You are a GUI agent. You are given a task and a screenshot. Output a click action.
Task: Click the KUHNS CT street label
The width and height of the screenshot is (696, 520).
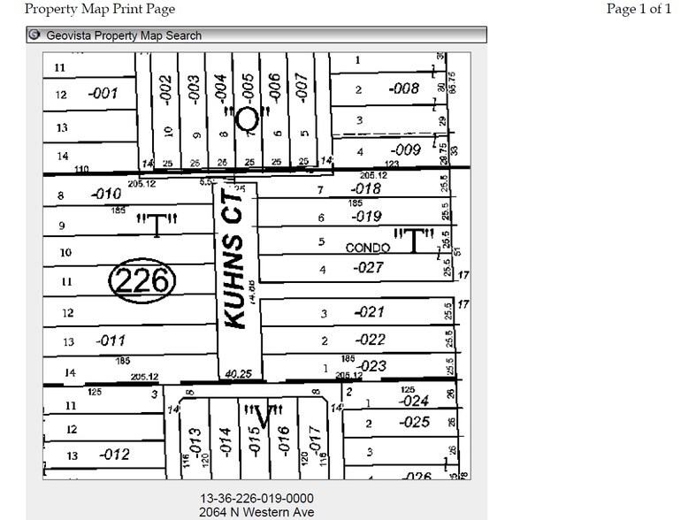[x=234, y=269]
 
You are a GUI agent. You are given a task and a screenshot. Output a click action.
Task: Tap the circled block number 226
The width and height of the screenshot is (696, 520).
[x=142, y=281]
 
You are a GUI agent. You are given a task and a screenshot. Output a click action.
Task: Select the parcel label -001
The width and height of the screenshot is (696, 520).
[x=103, y=93]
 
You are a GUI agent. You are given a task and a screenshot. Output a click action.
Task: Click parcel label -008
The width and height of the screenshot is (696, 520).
[x=403, y=88]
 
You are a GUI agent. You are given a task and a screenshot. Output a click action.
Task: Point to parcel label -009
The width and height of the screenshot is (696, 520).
[x=406, y=150]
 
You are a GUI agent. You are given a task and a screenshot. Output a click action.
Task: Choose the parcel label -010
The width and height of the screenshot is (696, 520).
[x=106, y=194]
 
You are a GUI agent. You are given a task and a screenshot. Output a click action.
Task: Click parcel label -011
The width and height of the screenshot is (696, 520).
[x=112, y=340]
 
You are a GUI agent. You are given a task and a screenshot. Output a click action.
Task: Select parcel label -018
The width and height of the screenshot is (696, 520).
[x=365, y=188]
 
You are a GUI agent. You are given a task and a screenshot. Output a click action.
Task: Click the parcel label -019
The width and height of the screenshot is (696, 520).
[x=366, y=216]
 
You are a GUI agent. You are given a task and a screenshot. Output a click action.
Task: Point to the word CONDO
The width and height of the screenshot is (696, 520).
[x=368, y=249]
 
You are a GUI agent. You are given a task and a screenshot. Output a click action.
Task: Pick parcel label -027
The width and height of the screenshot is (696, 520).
[x=368, y=268]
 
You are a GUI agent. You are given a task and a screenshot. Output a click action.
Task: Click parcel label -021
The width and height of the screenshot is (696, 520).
[x=370, y=312]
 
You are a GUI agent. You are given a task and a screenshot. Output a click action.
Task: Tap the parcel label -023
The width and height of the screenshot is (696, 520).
[x=370, y=365]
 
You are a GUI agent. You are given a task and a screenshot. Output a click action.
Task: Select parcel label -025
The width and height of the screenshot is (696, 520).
[x=413, y=423]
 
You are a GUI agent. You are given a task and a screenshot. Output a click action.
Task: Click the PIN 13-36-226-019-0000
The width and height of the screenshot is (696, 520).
[x=257, y=498]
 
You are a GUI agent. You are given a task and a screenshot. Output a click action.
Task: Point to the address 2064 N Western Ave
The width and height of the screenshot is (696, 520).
[x=257, y=512]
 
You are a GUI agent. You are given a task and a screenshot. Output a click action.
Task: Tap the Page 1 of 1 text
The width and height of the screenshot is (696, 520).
[x=639, y=9]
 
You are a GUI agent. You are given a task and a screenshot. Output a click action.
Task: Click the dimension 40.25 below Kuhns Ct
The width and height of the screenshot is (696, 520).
[x=240, y=374]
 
